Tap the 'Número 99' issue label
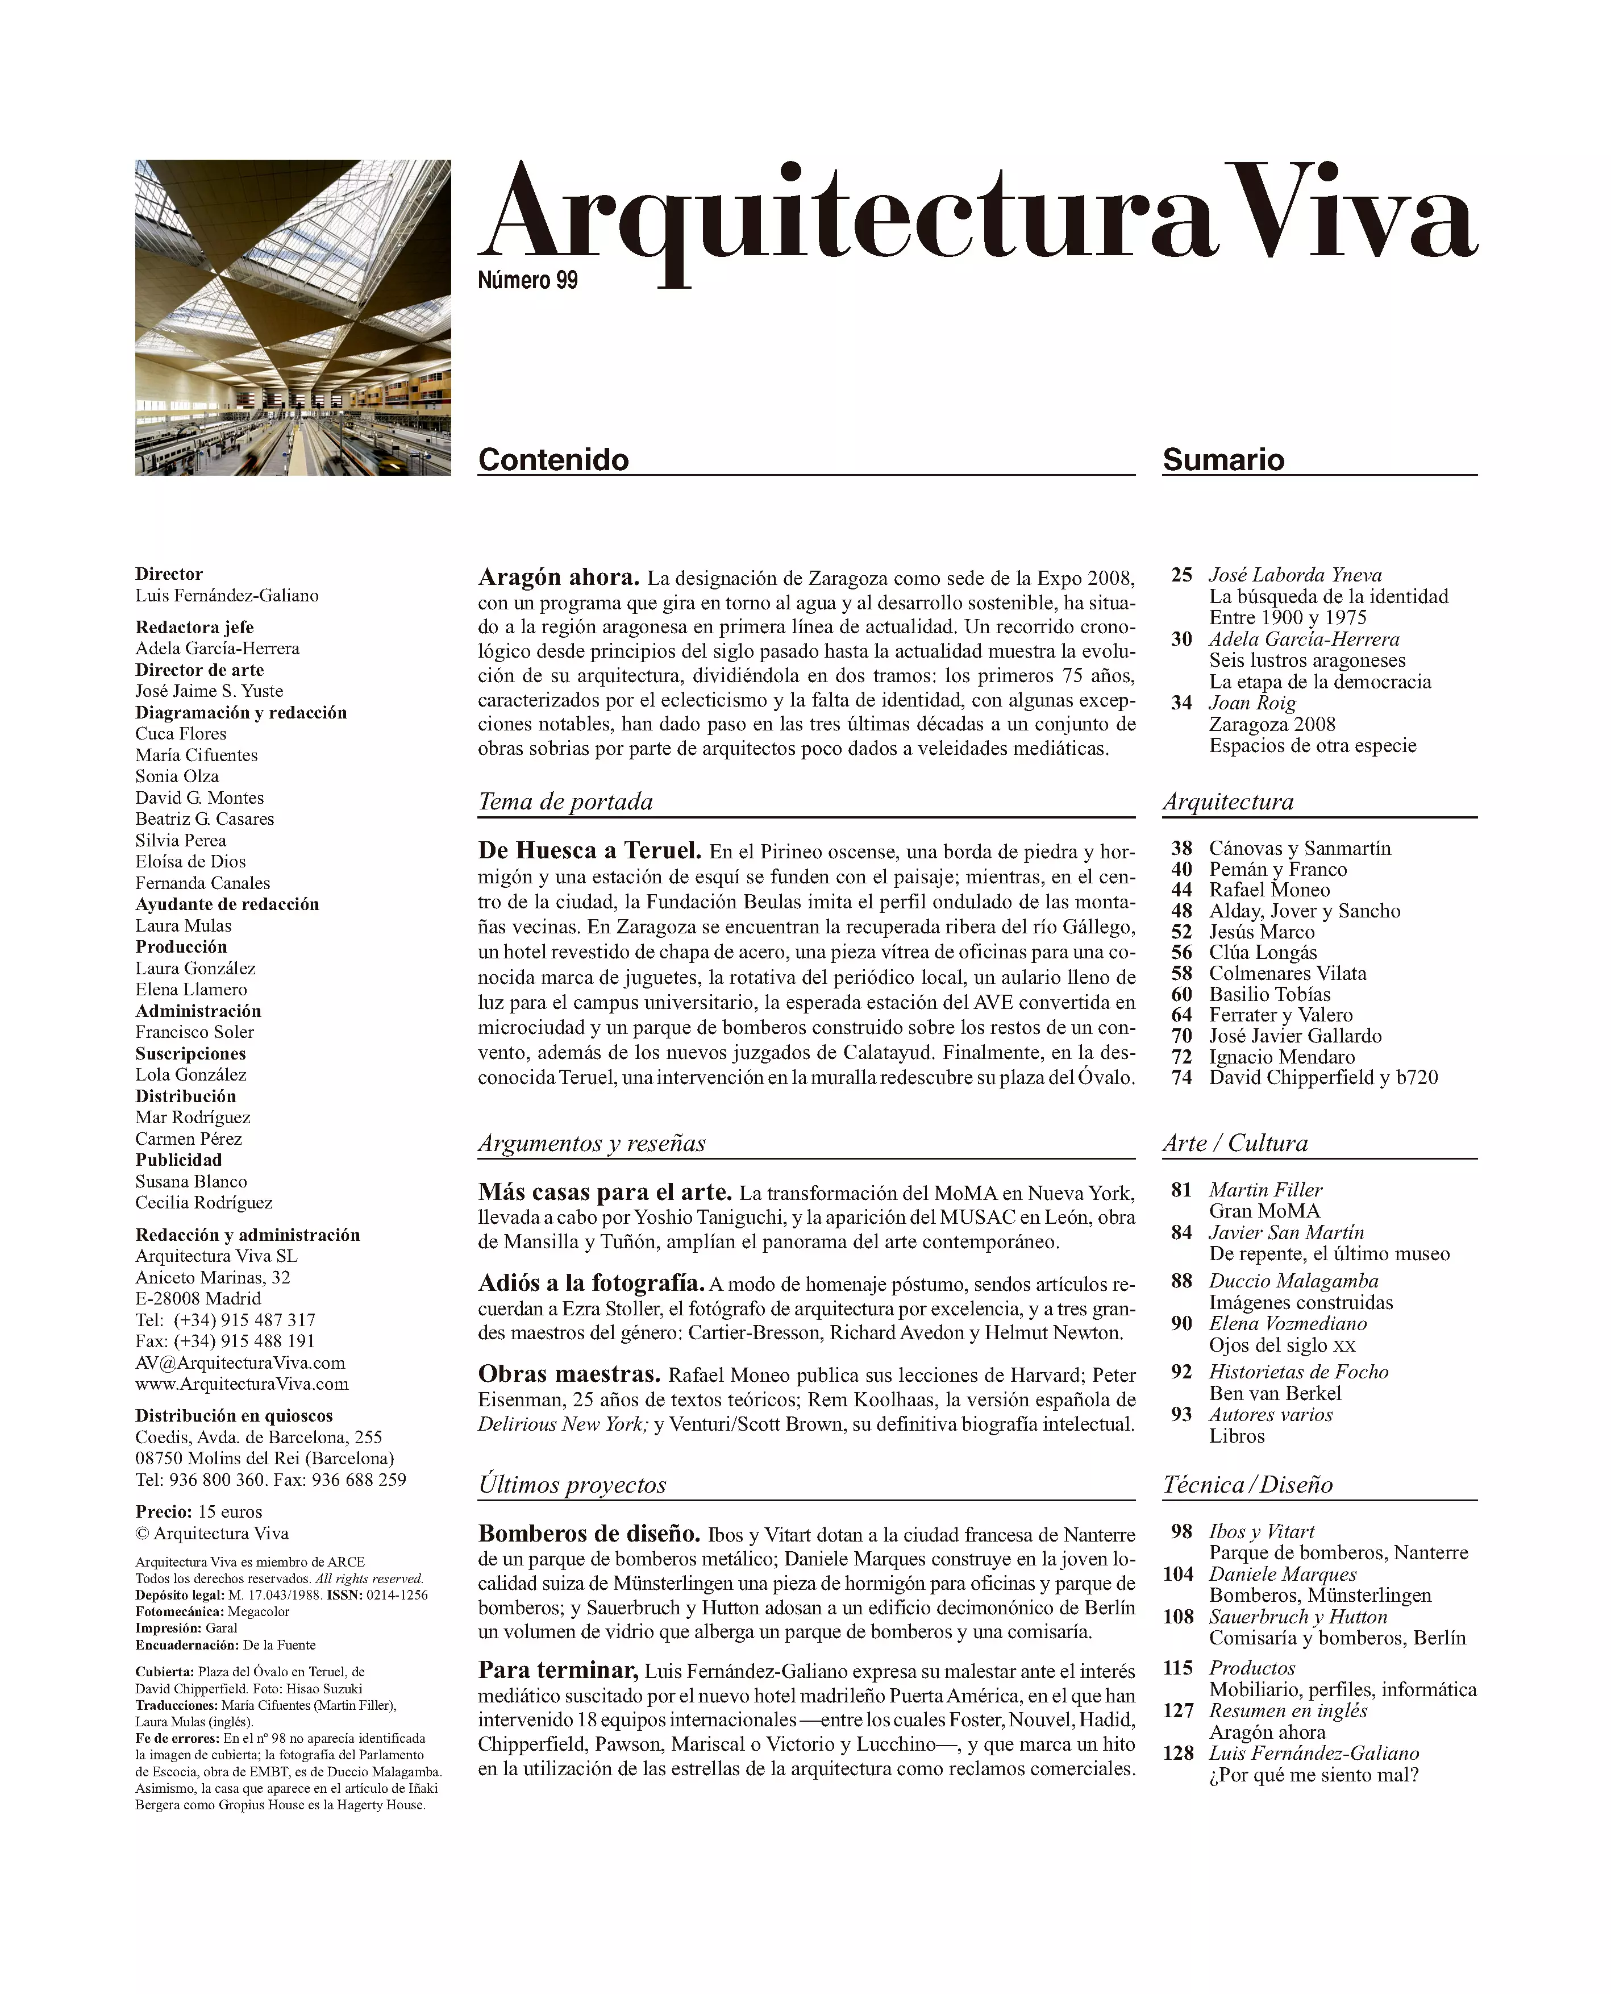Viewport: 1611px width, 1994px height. click(x=527, y=280)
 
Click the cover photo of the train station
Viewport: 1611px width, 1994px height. click(x=292, y=318)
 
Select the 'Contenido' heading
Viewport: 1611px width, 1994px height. click(x=553, y=459)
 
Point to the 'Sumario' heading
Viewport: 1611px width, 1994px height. click(x=1223, y=459)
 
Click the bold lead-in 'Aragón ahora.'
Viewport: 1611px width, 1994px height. click(x=557, y=578)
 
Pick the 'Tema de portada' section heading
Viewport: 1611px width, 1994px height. click(x=565, y=802)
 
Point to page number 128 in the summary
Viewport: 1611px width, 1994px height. click(x=1177, y=1754)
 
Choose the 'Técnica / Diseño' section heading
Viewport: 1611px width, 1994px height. click(x=1247, y=1484)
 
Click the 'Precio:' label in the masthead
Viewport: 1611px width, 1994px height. click(x=163, y=1511)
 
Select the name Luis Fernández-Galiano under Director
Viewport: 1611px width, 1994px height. click(x=226, y=596)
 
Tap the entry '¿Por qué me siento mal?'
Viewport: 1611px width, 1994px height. click(x=1313, y=1775)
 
